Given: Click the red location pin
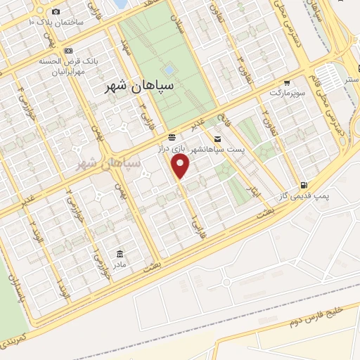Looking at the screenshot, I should point(181,167).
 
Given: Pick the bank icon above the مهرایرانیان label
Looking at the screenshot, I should point(68,51).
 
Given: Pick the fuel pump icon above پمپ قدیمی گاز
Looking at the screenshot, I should point(303,180).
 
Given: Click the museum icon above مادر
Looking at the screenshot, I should point(119,253).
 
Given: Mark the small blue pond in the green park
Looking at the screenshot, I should point(169,70).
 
